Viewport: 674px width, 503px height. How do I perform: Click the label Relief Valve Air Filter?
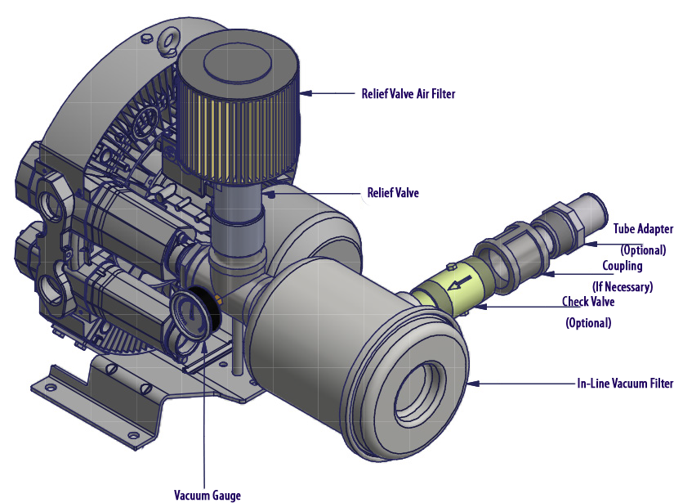coord(408,93)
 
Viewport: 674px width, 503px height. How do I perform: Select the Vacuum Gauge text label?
coord(208,494)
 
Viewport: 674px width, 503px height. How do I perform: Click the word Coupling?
coord(623,266)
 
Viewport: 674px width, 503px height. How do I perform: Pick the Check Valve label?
coord(588,302)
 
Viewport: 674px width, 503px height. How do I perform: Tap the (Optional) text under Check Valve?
coord(588,322)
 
